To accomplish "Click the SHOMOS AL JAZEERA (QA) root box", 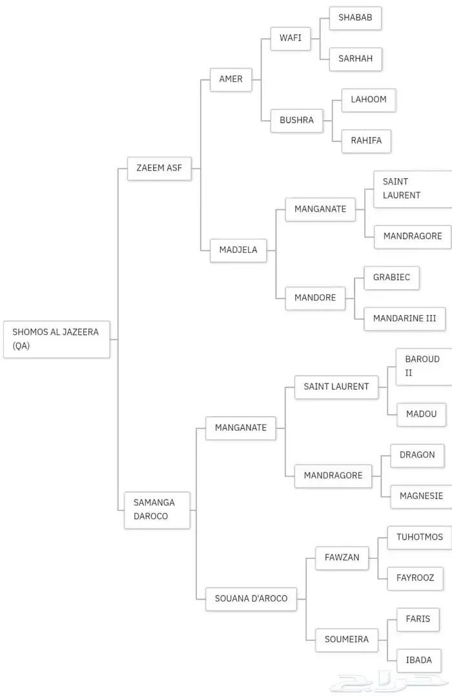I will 56,339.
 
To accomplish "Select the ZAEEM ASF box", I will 159,168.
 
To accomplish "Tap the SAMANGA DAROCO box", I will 157,509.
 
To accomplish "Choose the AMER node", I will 231,79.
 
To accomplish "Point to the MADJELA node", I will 238,250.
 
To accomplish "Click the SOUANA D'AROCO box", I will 251,598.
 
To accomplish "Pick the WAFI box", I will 290,37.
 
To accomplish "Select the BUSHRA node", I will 296,120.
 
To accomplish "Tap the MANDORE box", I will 315,298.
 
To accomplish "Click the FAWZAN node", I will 342,557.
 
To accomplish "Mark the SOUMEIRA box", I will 346,639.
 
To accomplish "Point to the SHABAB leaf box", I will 355,17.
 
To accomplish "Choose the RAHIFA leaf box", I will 366,141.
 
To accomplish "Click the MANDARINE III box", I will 404,318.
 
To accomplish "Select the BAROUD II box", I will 423,366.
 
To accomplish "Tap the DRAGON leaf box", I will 417,454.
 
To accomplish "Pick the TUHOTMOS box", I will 419,537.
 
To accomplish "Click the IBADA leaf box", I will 418,660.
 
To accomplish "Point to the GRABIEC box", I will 391,278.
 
